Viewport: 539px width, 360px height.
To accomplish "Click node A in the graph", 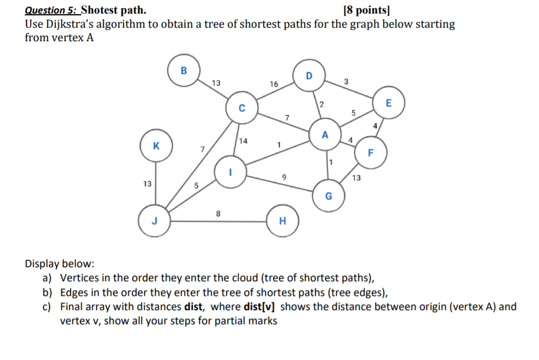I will coord(324,136).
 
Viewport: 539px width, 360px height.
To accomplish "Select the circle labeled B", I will coord(184,70).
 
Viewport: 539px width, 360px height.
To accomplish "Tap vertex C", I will coord(241,108).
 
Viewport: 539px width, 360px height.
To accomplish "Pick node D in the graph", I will coord(308,76).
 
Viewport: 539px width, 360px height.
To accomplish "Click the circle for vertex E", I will coord(388,103).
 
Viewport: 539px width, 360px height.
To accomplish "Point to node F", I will coord(371,152).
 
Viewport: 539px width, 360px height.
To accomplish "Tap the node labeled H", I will coord(282,221).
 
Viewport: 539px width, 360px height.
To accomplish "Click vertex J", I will coord(154,221).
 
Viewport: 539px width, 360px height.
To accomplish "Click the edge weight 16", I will coord(274,85).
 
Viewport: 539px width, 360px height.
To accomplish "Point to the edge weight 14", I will coord(244,141).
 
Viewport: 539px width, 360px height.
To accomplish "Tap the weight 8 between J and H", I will coord(218,214).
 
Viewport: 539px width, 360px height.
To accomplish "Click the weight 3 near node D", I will coord(346,81).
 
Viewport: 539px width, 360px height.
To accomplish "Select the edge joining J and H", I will coord(218,222).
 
